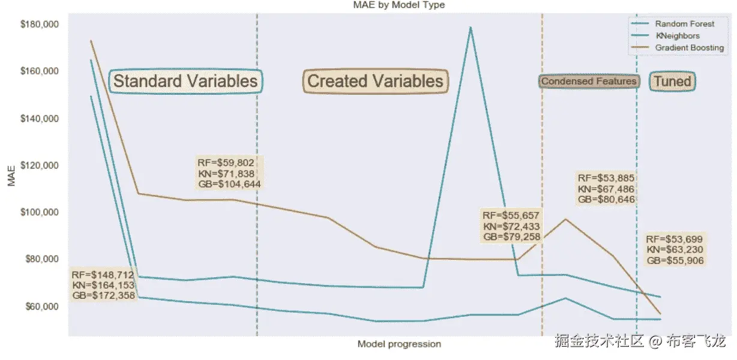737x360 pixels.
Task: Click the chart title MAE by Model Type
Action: pos(399,5)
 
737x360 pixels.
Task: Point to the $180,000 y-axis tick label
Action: pos(40,24)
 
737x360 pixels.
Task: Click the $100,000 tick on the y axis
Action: pos(40,212)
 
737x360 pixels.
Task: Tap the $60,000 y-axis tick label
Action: pos(42,307)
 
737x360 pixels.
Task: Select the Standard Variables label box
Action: pos(185,81)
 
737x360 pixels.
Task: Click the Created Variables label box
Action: pos(376,81)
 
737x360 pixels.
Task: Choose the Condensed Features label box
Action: pos(589,81)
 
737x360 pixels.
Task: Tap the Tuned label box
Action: pos(672,81)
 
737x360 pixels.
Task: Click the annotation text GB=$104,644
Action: pos(229,184)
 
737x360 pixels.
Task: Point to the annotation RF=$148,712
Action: pos(103,275)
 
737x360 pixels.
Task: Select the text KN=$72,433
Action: pos(511,226)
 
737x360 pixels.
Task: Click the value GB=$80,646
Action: pos(606,199)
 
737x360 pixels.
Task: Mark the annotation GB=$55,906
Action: pos(675,260)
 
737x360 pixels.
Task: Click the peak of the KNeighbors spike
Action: pos(471,28)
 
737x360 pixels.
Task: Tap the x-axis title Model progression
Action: pos(399,344)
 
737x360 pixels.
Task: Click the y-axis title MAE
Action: pos(11,176)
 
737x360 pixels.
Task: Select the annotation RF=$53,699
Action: pos(674,239)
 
